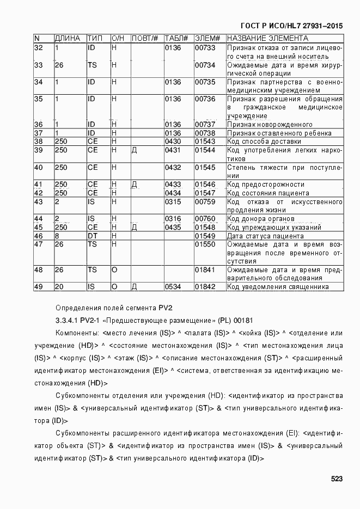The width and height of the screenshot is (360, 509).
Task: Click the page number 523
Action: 336,480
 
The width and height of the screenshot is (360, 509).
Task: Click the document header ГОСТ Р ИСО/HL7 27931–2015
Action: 292,26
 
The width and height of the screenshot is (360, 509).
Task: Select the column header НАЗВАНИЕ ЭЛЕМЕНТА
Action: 267,39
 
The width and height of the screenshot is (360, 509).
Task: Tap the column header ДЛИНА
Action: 68,39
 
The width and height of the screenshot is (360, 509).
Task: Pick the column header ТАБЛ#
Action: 176,39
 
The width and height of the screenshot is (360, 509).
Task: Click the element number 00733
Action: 205,48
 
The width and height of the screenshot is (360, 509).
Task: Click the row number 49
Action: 39,287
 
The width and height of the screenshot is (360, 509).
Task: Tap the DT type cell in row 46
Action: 92,236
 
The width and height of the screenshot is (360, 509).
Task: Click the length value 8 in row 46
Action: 57,236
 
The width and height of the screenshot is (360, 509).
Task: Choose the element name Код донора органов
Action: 261,219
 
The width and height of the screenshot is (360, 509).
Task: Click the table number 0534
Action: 173,287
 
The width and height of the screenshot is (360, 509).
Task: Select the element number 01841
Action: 205,270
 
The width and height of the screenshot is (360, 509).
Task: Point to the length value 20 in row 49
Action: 59,287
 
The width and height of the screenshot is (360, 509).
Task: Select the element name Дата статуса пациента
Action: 265,236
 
